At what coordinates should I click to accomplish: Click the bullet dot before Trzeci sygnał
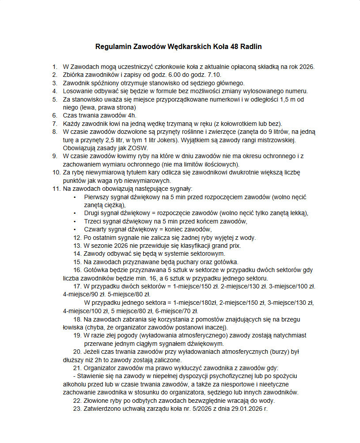(75, 221)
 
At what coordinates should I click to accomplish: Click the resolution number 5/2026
(201, 409)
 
